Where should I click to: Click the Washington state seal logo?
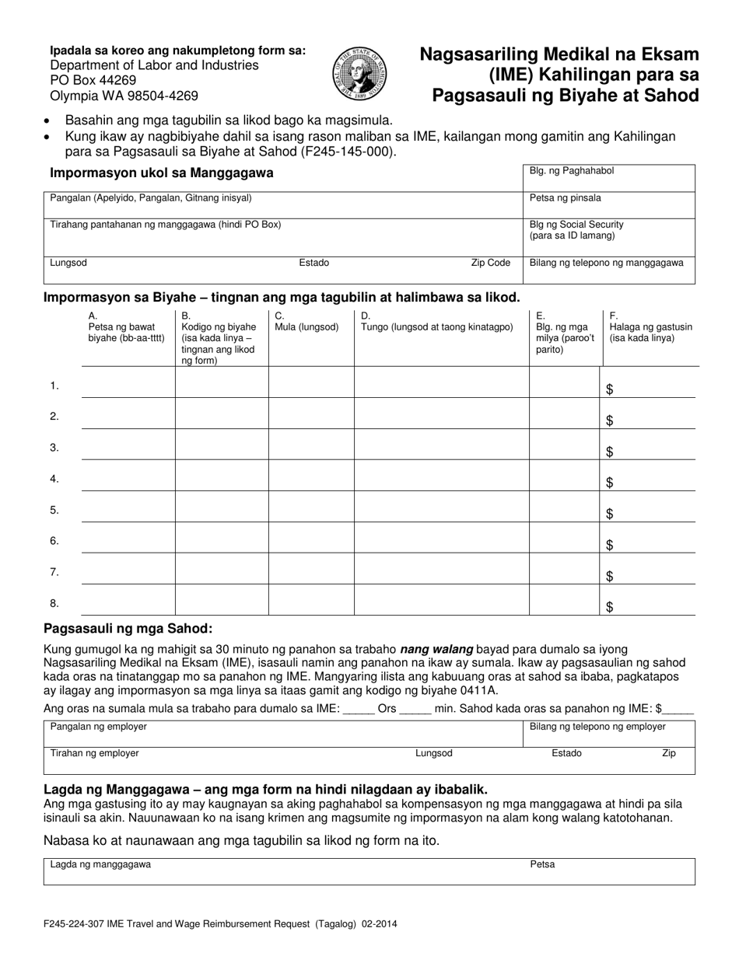click(359, 74)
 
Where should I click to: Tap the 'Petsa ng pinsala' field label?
click(565, 198)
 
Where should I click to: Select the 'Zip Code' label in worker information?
click(490, 263)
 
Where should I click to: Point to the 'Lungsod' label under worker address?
click(68, 263)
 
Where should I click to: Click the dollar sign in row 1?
click(610, 390)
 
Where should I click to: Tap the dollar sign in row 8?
click(610, 608)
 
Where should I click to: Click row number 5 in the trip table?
click(54, 510)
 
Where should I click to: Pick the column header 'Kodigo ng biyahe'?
click(218, 327)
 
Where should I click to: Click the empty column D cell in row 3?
click(441, 445)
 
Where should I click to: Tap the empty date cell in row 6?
click(128, 538)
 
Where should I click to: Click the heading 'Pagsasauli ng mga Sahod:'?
click(128, 629)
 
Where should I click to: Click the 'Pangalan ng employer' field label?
click(99, 727)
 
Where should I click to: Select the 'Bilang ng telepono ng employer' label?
click(597, 727)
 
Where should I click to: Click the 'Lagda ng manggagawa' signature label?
click(100, 864)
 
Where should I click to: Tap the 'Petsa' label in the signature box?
click(542, 864)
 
